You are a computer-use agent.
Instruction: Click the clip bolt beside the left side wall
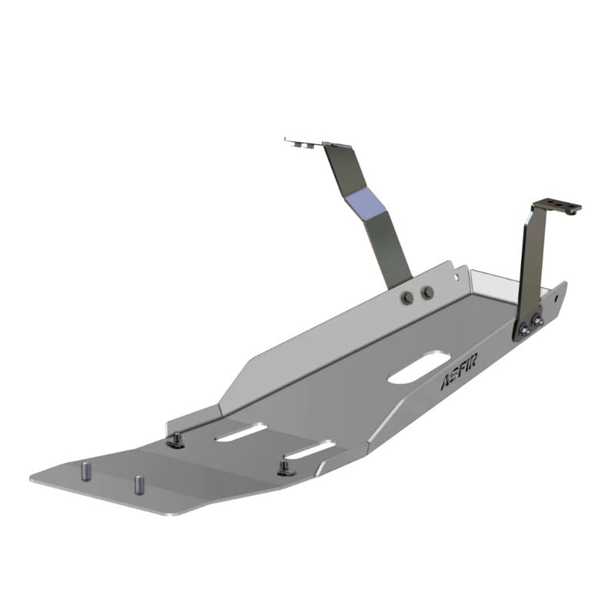(x=176, y=440)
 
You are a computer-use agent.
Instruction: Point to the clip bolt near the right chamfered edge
(x=286, y=467)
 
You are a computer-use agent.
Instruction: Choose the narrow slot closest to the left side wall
(x=241, y=433)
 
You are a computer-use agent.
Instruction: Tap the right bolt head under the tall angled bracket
(x=427, y=293)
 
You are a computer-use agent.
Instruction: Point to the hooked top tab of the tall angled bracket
(x=304, y=142)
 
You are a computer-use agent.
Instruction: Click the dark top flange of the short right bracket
(x=557, y=206)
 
